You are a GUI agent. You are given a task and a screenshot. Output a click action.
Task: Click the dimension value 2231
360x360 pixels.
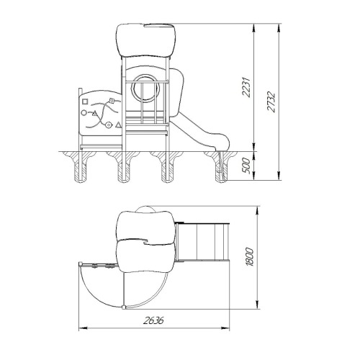tap(246, 87)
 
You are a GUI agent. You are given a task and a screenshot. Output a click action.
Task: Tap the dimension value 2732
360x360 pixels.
tap(271, 102)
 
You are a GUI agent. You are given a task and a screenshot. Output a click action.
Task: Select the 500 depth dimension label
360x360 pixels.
tap(246, 166)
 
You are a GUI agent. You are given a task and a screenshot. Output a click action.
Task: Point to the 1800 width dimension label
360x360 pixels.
tap(250, 257)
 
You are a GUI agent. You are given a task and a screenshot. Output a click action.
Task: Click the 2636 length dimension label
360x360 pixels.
tap(153, 320)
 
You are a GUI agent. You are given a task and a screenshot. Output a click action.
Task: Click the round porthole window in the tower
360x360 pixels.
tap(145, 89)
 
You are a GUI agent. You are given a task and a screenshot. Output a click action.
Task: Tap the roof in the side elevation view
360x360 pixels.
tap(146, 40)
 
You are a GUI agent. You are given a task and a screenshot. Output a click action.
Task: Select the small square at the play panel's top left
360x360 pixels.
tap(85, 102)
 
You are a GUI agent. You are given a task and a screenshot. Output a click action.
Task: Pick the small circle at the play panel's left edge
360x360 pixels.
tap(84, 112)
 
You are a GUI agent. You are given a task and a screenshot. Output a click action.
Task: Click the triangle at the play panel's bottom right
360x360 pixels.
tap(118, 125)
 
